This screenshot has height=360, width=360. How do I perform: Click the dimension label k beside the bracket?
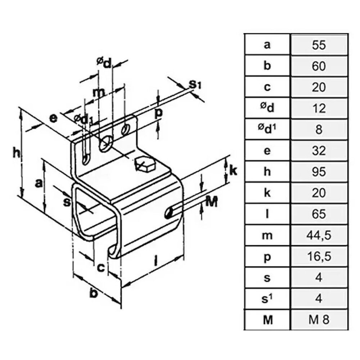[234, 170]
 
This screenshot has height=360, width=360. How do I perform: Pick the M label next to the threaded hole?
[212, 202]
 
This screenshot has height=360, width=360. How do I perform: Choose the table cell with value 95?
[319, 172]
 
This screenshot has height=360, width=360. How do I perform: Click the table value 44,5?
[319, 235]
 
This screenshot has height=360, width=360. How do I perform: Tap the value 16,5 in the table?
[319, 257]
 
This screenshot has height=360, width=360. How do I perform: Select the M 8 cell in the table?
[319, 319]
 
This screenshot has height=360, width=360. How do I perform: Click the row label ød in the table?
[267, 108]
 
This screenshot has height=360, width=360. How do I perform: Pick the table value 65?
[319, 214]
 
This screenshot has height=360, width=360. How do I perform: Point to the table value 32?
[319, 150]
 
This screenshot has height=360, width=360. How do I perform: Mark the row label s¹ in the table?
[267, 298]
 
